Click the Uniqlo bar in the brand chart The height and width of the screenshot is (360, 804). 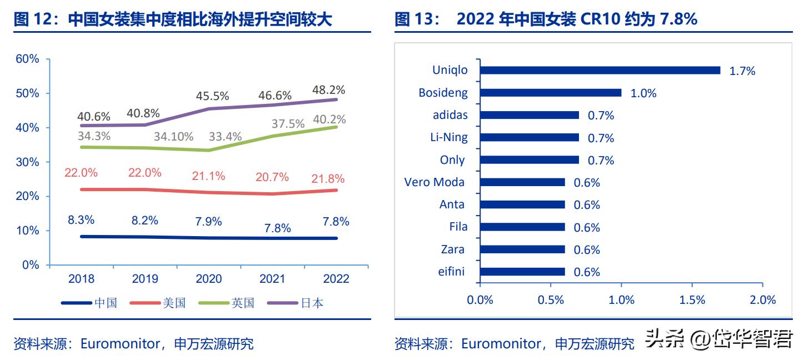(x=600, y=71)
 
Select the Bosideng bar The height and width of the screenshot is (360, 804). (x=551, y=93)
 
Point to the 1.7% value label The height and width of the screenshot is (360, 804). (x=742, y=71)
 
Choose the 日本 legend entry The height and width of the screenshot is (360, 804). (x=312, y=303)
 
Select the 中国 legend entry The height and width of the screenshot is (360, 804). (x=106, y=303)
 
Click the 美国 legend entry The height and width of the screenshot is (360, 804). (x=174, y=303)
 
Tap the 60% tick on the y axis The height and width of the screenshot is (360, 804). (x=27, y=59)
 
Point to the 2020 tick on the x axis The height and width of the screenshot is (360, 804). (x=209, y=279)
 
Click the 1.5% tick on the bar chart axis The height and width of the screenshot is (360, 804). (x=692, y=300)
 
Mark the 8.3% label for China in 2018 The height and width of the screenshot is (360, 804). (x=81, y=219)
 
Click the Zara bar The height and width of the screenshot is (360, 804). (x=522, y=249)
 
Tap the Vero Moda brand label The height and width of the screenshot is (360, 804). (x=435, y=182)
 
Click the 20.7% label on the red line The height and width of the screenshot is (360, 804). (x=272, y=177)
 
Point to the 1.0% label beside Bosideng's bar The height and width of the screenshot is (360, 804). (x=643, y=93)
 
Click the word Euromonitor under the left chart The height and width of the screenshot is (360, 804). (x=120, y=344)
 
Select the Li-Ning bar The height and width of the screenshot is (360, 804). (x=530, y=137)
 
